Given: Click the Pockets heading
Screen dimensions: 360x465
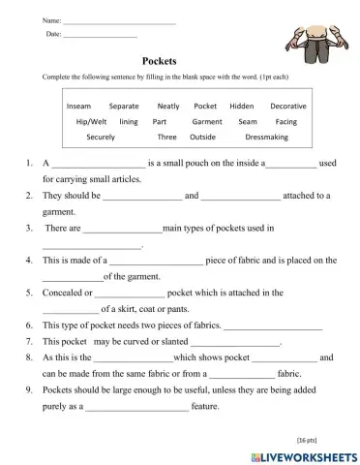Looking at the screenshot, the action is point(157,60).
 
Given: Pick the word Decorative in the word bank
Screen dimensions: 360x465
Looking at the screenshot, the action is point(288,105).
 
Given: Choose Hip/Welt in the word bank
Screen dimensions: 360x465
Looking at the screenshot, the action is point(91,121).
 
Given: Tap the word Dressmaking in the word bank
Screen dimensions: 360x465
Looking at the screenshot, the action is point(255,138).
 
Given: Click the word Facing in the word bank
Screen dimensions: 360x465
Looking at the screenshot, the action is point(286,121).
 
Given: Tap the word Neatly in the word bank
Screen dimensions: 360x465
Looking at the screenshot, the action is point(168,105).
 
